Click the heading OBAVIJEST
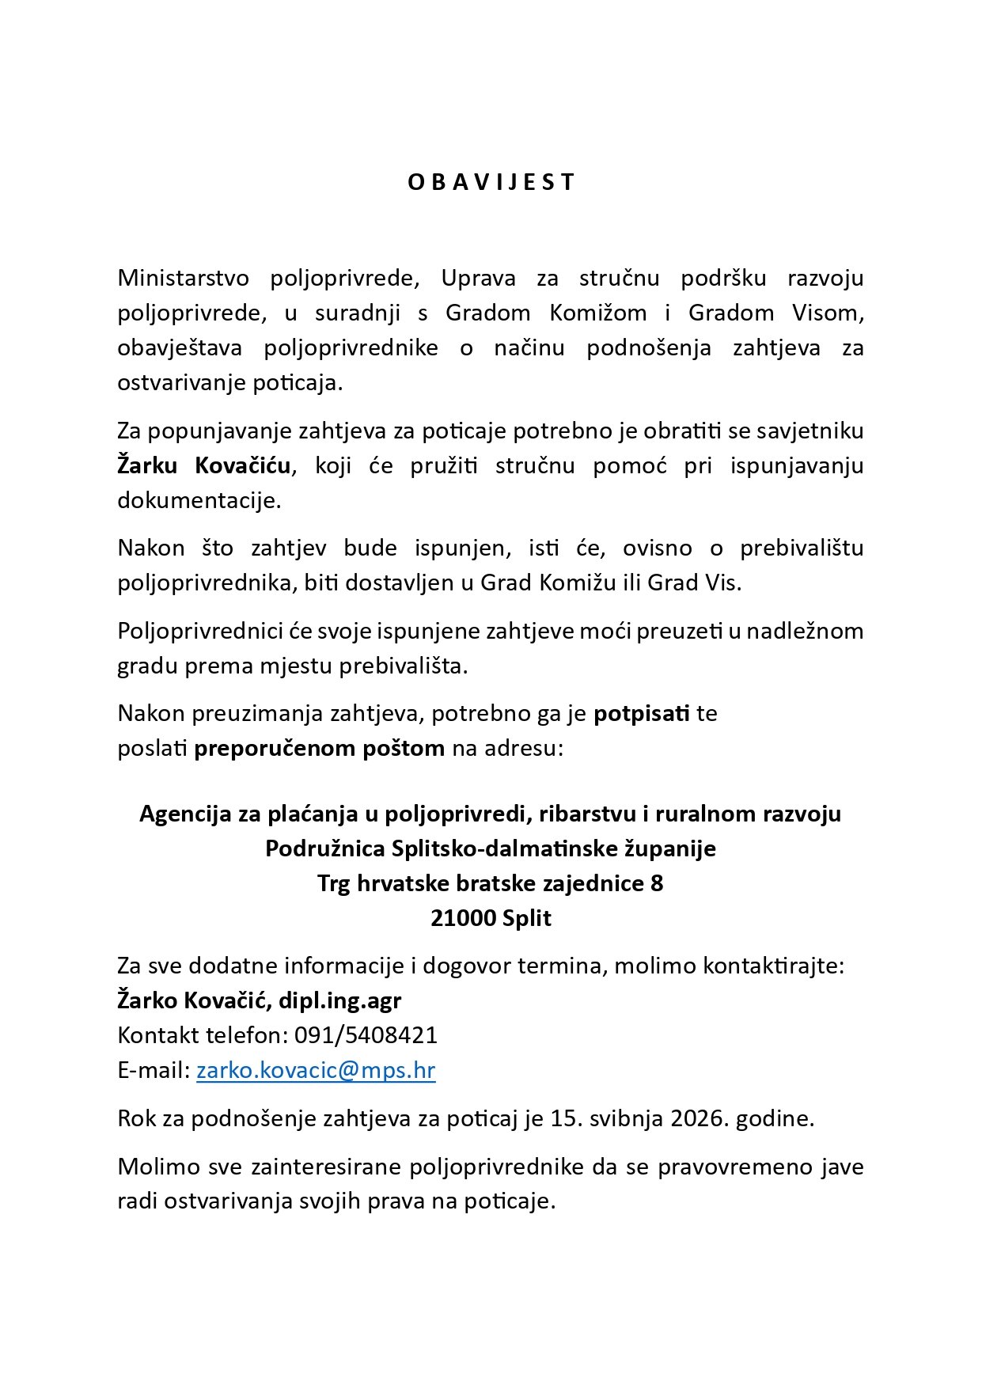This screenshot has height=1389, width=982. (x=491, y=182)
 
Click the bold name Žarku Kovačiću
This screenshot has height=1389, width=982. (x=204, y=465)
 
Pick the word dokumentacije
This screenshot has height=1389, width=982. (x=199, y=500)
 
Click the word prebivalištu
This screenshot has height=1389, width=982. (x=802, y=548)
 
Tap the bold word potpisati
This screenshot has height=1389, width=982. (x=642, y=713)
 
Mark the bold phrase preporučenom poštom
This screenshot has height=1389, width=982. (x=320, y=748)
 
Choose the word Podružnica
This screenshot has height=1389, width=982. (x=324, y=848)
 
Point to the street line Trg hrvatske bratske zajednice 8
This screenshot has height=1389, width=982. (x=491, y=883)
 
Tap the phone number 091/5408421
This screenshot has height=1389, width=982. (x=366, y=1035)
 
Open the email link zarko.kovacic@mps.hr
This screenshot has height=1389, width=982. (x=316, y=1070)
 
